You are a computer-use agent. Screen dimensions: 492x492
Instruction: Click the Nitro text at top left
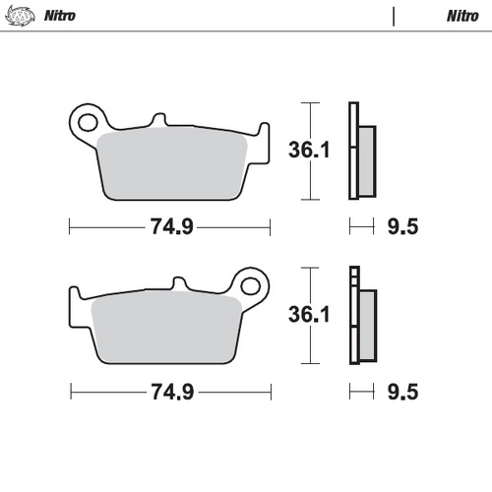[x=61, y=16]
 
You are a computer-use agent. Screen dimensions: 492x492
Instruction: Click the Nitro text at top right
[x=462, y=16]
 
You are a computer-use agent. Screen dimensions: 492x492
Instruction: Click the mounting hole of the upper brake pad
[x=87, y=123]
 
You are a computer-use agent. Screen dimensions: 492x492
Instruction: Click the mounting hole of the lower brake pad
[x=254, y=287]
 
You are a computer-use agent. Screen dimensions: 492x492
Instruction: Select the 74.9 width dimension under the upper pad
[x=170, y=227]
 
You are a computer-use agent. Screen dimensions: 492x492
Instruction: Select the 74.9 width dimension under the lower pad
[x=170, y=392]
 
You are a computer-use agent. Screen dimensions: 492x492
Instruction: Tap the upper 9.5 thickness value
[x=403, y=227]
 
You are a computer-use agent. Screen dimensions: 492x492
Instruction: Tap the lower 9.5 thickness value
[x=403, y=392]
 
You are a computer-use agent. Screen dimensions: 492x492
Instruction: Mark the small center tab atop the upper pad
[x=157, y=120]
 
